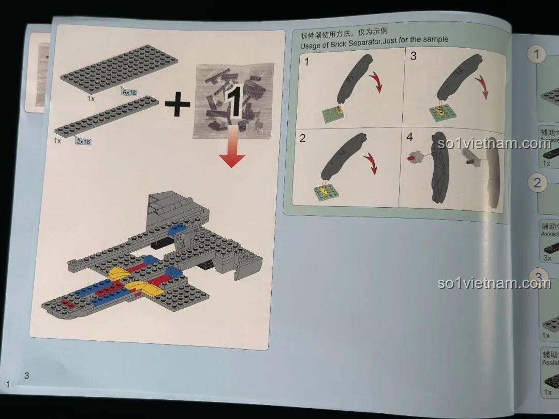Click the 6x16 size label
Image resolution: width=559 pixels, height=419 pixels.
click(x=128, y=92)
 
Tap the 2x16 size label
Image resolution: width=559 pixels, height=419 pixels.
click(x=83, y=141)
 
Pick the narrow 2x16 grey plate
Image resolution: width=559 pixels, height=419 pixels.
click(x=106, y=117)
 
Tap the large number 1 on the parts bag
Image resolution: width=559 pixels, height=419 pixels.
click(x=233, y=102)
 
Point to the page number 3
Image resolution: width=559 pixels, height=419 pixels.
click(x=26, y=375)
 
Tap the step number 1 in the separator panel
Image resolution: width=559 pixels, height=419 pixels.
click(x=306, y=62)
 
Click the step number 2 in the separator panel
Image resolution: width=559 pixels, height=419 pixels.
click(x=303, y=138)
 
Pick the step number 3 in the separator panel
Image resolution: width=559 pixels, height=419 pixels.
click(x=413, y=56)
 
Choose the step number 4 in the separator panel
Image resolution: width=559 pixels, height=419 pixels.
click(x=410, y=137)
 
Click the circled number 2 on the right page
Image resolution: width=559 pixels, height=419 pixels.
click(x=537, y=182)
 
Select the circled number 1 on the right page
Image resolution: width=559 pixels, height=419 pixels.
click(x=538, y=54)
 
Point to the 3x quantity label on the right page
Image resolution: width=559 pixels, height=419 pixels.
click(x=547, y=257)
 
